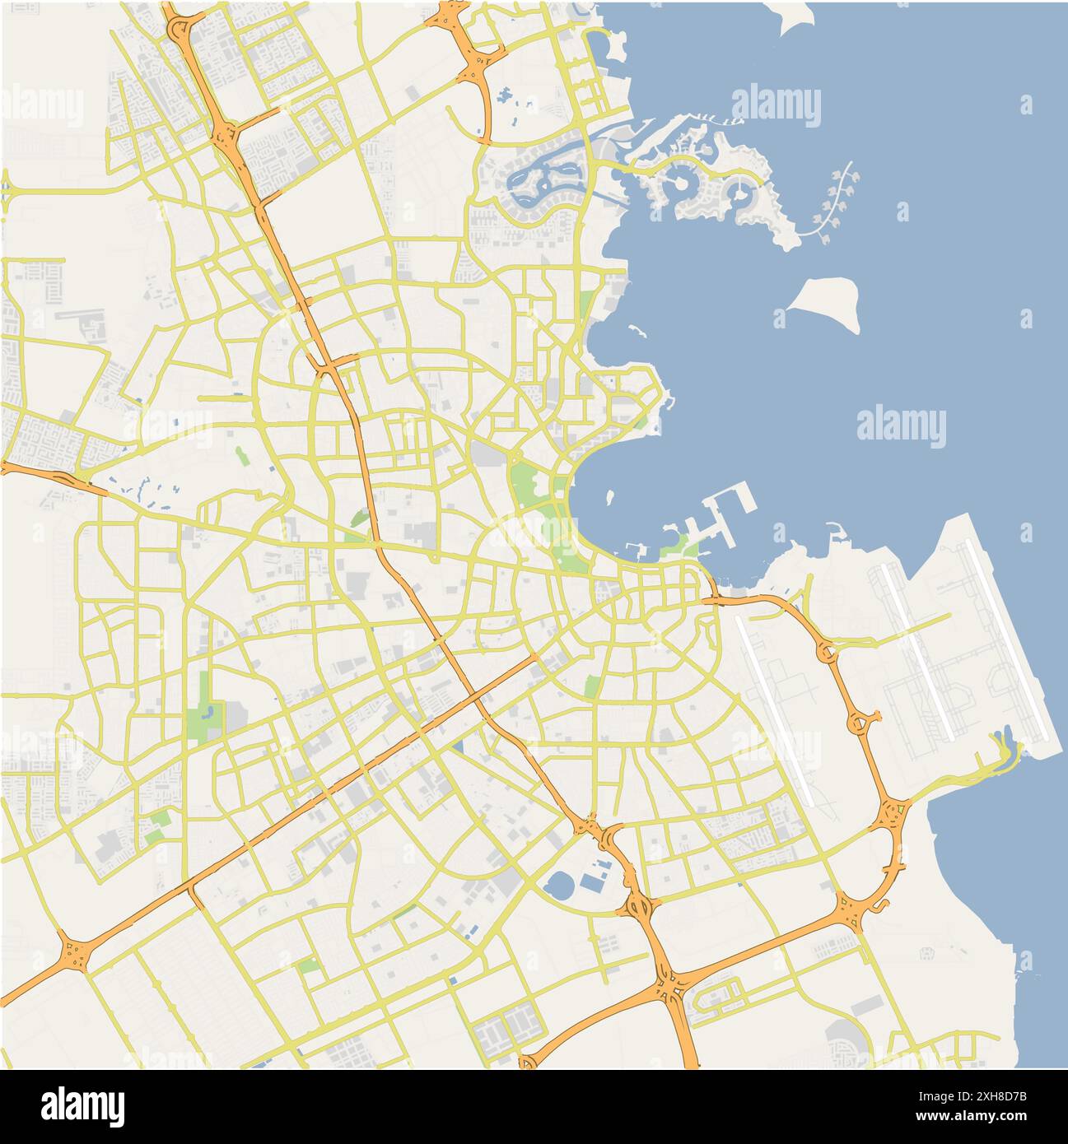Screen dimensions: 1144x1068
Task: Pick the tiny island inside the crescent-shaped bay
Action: point(610,497)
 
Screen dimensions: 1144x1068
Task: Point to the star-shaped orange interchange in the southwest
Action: point(77,955)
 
